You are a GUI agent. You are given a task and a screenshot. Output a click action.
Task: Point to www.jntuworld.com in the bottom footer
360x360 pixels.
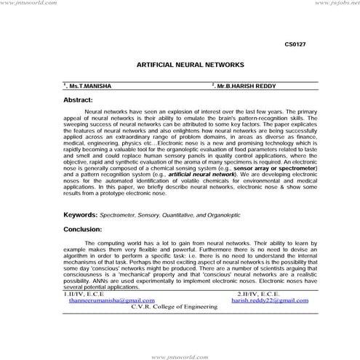(x=179, y=356)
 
